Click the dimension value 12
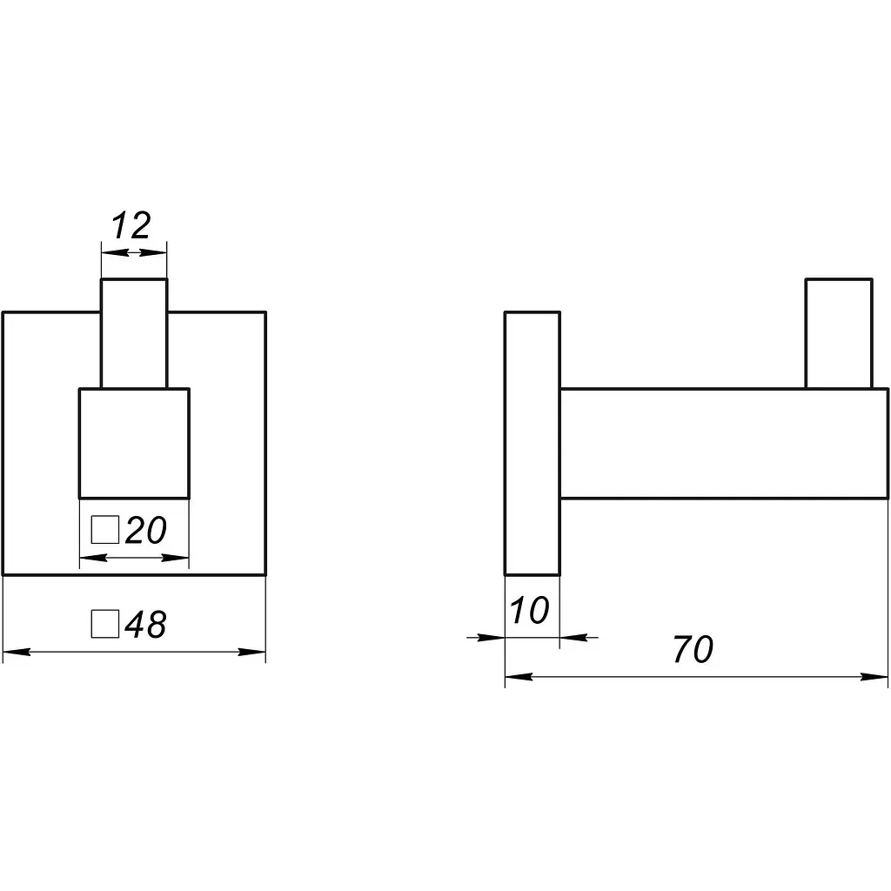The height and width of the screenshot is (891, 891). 131,225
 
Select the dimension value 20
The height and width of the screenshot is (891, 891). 145,530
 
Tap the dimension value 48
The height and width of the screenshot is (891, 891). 145,625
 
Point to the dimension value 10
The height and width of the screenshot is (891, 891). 530,610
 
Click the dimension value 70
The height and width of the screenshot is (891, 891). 693,649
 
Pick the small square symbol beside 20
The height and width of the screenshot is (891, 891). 105,530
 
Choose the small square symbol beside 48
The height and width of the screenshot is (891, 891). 105,624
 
